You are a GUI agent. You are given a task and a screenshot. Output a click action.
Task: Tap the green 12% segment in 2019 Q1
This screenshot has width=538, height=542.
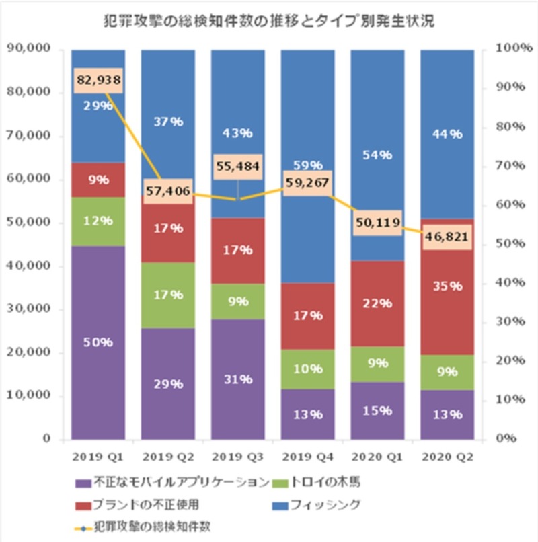(x=98, y=221)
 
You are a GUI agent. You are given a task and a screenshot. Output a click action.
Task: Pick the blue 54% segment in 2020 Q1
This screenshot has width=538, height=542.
(x=377, y=155)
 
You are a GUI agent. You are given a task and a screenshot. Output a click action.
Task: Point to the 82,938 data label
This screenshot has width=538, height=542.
(x=98, y=81)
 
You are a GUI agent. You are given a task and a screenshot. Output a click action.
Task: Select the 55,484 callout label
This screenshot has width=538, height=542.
(x=238, y=166)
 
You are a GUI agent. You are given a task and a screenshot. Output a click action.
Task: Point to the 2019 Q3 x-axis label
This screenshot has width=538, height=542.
(x=238, y=457)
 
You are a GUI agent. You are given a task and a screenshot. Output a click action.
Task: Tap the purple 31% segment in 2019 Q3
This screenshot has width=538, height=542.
(x=238, y=379)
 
